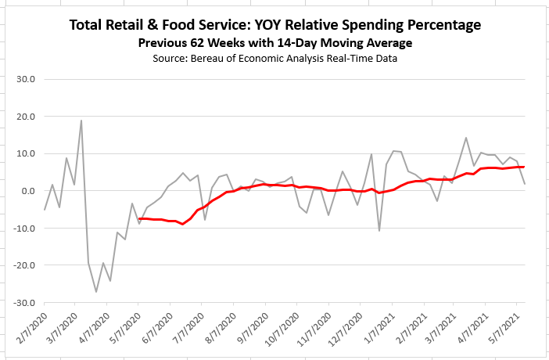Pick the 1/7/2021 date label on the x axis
382,327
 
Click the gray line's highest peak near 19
81,121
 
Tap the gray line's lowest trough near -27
96,292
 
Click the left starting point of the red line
139,218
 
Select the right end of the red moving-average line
524,167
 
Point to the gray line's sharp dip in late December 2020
379,231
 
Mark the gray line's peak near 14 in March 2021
466,138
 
